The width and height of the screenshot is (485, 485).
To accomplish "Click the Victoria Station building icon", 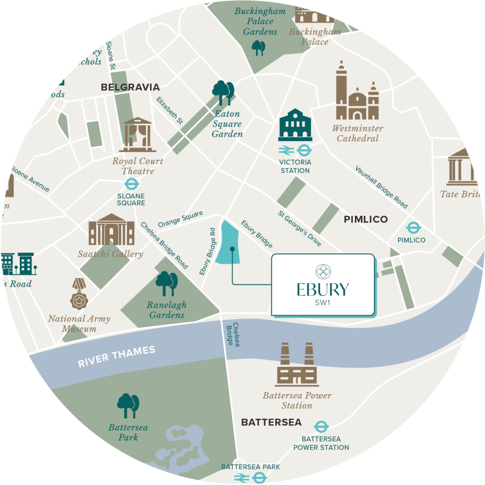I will [x=296, y=125].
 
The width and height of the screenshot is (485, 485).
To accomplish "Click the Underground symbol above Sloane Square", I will [x=131, y=184].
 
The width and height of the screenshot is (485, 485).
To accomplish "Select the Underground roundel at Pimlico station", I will [x=413, y=228].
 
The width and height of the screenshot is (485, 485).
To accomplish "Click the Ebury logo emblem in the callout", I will [x=323, y=271].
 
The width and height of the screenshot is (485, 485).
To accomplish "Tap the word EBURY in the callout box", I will [x=323, y=289].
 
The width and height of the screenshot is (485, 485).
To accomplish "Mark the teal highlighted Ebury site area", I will [x=229, y=242].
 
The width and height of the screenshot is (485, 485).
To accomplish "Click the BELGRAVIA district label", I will [x=130, y=87].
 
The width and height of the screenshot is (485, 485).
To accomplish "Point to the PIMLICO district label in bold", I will [x=366, y=219].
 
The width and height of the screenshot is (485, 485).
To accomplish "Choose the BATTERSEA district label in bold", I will [x=271, y=422].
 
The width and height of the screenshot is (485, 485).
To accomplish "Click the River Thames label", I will [x=117, y=357].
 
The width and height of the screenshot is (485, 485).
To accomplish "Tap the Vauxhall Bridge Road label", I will [x=381, y=187].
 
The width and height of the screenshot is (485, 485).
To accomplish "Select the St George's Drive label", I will [x=299, y=228].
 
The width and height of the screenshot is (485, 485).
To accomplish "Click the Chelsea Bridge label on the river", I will [x=233, y=334].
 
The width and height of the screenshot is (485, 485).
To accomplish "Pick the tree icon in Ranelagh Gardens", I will [x=167, y=284].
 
